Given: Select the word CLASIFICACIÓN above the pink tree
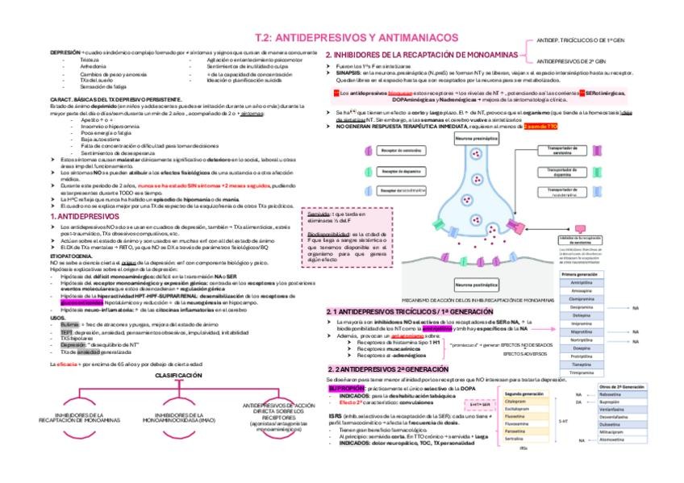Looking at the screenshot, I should [x=179, y=376].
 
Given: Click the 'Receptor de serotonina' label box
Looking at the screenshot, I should [x=402, y=152].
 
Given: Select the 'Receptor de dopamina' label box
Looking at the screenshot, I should [x=402, y=171].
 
